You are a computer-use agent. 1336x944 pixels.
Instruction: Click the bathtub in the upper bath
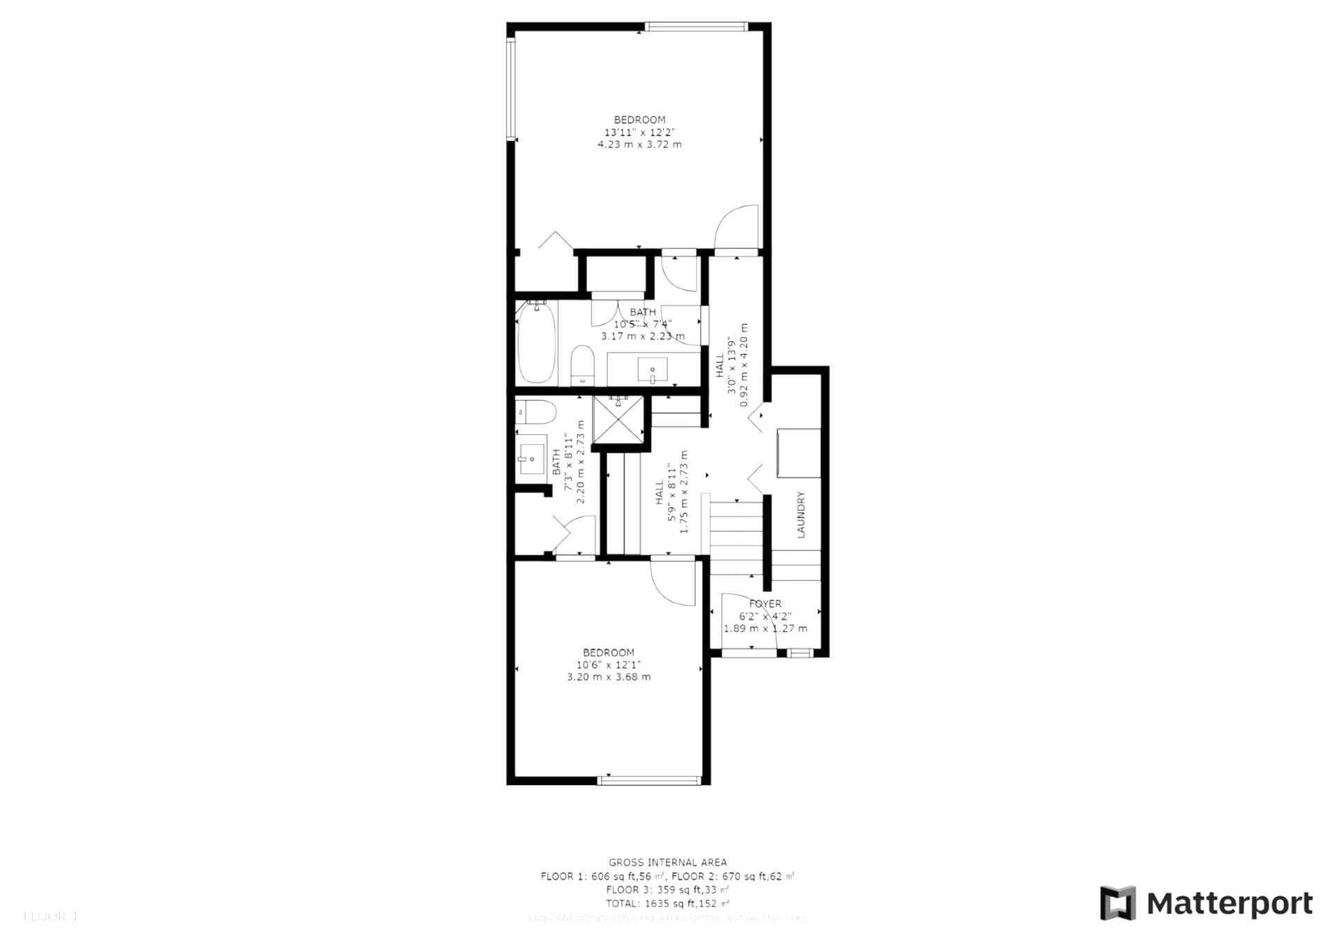click(536, 342)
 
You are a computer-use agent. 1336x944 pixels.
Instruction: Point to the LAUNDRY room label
click(800, 515)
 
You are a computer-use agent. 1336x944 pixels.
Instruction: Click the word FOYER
click(765, 604)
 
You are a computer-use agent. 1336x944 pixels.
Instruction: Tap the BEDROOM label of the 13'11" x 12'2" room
click(639, 120)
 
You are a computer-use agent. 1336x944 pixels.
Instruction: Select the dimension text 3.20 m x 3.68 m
click(609, 677)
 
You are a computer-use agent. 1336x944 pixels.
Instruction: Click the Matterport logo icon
click(1118, 903)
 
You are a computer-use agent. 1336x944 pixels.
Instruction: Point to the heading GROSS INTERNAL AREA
click(667, 863)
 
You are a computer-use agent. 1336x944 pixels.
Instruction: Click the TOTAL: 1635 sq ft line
click(667, 904)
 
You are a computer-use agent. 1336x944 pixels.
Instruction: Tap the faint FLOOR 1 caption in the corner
click(50, 917)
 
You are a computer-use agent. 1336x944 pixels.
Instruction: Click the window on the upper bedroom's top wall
click(696, 27)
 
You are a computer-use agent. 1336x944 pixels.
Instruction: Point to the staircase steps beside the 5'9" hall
click(736, 536)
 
